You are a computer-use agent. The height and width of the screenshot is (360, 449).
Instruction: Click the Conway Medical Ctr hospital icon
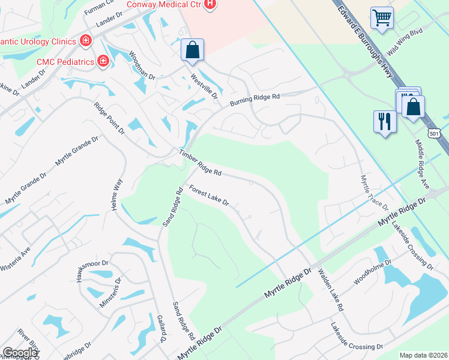(209, 5)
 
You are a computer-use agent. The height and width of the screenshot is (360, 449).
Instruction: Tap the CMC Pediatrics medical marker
(104, 61)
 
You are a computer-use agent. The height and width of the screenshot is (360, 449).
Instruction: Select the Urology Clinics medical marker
(86, 41)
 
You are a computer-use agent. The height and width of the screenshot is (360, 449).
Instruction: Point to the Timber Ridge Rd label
(200, 163)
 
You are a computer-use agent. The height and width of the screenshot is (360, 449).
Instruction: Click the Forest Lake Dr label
(209, 196)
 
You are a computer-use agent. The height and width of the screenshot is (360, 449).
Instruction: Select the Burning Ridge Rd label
(256, 100)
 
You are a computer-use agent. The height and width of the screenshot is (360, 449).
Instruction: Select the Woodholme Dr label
(373, 273)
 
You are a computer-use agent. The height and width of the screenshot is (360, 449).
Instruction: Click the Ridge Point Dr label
(109, 118)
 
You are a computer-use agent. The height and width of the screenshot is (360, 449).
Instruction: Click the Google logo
(20, 353)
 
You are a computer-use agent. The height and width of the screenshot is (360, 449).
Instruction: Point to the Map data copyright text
(424, 355)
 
